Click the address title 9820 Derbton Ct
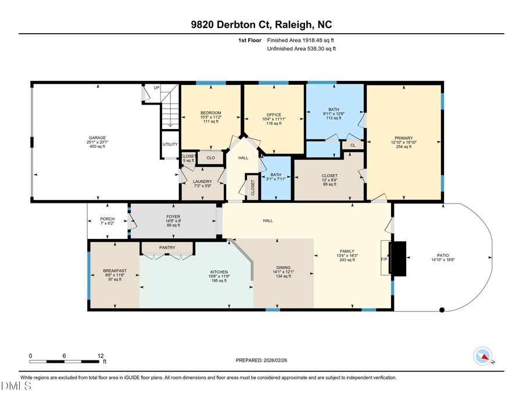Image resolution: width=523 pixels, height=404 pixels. pyautogui.click(x=261, y=24)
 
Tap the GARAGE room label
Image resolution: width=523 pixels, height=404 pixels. pyautogui.click(x=97, y=138)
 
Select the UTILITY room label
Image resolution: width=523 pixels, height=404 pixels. pyautogui.click(x=170, y=145)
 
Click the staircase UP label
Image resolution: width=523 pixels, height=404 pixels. pyautogui.click(x=156, y=88)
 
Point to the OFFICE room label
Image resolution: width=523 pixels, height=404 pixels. pyautogui.click(x=274, y=115)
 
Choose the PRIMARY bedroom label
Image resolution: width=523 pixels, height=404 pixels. pyautogui.click(x=403, y=138)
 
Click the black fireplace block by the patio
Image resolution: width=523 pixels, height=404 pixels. pyautogui.click(x=399, y=259)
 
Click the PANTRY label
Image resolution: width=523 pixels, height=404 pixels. pyautogui.click(x=167, y=248)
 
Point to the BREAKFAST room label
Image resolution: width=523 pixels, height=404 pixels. pyautogui.click(x=114, y=270)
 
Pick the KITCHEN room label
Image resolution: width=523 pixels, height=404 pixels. pyautogui.click(x=218, y=271)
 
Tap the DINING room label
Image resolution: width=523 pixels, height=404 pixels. pyautogui.click(x=284, y=267)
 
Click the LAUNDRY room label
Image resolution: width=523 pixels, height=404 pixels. pyautogui.click(x=202, y=181)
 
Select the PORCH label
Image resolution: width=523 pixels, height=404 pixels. pyautogui.click(x=108, y=219)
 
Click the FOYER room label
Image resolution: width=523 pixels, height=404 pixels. pyautogui.click(x=173, y=216)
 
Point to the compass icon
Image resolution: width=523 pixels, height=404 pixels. pyautogui.click(x=483, y=356)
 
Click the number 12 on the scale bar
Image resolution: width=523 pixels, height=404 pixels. pyautogui.click(x=101, y=355)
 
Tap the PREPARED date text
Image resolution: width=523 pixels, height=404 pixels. pyautogui.click(x=261, y=360)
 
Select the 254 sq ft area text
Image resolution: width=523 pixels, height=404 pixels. pyautogui.click(x=403, y=146)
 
